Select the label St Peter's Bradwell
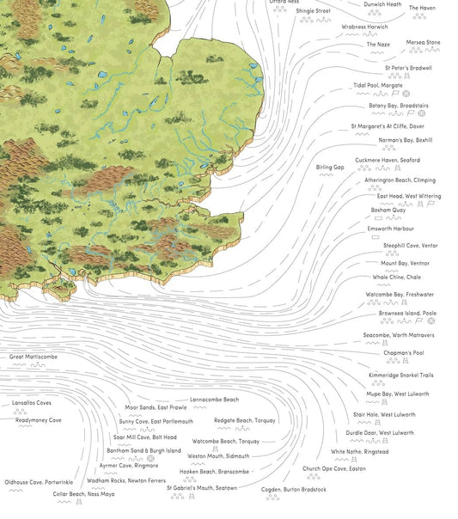pos(408,67)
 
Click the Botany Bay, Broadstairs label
pos(399,106)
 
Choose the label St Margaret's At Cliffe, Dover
pos(388,125)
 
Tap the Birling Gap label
pos(330,167)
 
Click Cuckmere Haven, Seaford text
pos(387,160)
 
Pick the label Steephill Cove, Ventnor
pos(410,246)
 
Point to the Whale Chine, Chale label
pos(397,278)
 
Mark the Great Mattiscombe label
pos(34,356)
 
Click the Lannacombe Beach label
pos(214,400)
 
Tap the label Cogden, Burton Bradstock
pos(294,490)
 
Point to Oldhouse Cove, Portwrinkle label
pos(39,483)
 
